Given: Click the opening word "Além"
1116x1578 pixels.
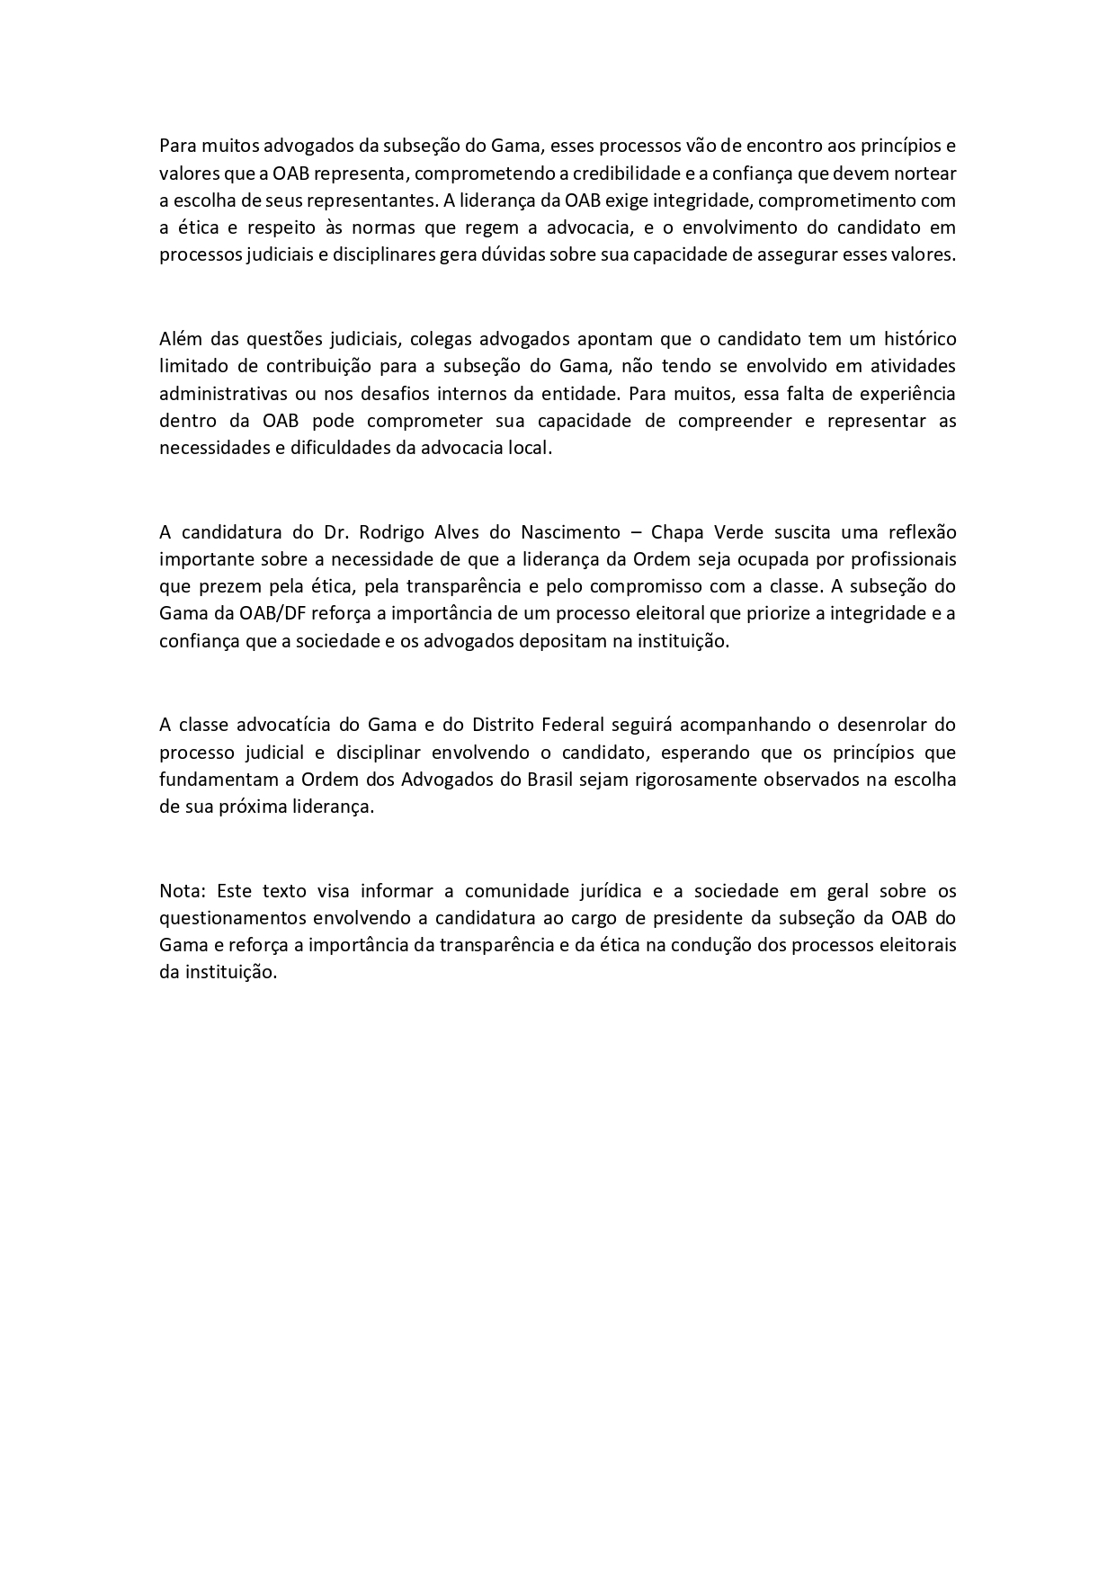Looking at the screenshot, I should pyautogui.click(x=179, y=339).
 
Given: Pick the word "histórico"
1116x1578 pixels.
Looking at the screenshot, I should pyautogui.click(x=920, y=339).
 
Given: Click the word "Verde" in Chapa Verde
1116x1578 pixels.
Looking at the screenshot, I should pyautogui.click(x=737, y=531).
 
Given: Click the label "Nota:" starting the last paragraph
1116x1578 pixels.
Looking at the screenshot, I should pyautogui.click(x=183, y=891).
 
